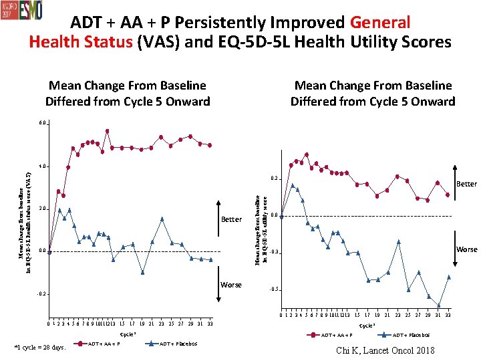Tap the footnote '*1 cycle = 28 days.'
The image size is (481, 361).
(40, 347)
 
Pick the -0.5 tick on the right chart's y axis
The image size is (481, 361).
(273, 289)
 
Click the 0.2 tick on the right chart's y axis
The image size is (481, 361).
(274, 179)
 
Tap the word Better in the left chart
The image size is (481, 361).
(231, 219)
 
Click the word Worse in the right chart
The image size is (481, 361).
(466, 249)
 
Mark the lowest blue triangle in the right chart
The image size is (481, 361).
(439, 305)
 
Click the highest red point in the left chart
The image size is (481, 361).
(108, 131)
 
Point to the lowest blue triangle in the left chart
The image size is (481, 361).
(143, 272)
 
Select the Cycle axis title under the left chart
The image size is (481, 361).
(128, 334)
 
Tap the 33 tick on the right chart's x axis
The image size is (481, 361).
(448, 315)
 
